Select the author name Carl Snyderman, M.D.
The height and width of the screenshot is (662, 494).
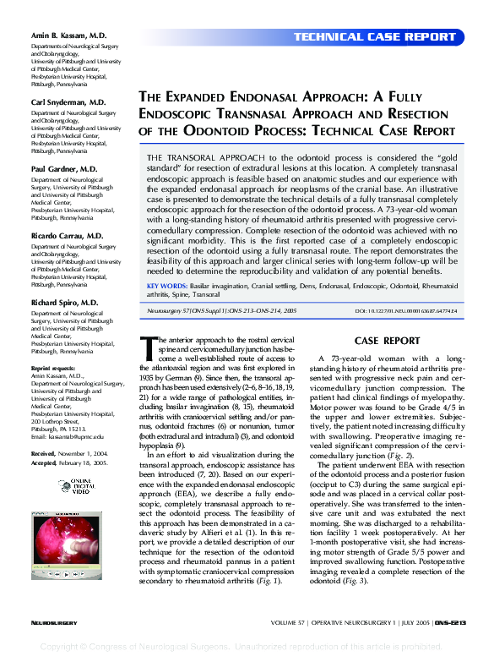[x=68, y=101]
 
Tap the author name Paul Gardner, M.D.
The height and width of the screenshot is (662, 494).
[x=63, y=169]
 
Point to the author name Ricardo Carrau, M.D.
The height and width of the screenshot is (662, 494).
[x=67, y=236]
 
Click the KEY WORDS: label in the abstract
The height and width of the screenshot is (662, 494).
[x=167, y=287]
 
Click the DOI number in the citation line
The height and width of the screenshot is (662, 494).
[x=405, y=311]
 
